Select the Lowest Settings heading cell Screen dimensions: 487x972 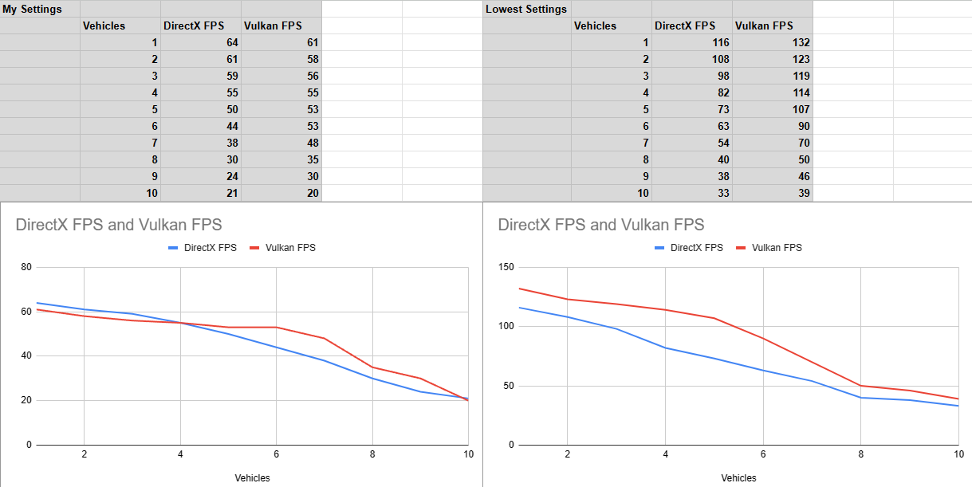tap(526, 9)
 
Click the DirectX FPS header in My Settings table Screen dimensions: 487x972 tap(194, 26)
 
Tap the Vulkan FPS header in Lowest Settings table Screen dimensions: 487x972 tap(764, 26)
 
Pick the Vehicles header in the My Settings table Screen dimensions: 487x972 tap(104, 26)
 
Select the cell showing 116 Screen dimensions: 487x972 tap(691, 42)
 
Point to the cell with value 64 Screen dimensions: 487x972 tap(200, 42)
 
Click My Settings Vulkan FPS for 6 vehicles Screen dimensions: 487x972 tap(281, 126)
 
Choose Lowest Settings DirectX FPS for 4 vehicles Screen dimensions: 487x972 tap(691, 92)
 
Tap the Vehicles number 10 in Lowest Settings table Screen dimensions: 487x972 tap(611, 193)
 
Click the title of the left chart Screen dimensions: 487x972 tap(119, 225)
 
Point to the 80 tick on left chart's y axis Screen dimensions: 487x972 tap(26, 267)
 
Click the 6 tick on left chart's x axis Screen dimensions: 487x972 tap(276, 454)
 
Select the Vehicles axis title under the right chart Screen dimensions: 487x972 tap(738, 478)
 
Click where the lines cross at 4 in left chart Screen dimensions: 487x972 tap(180, 323)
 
